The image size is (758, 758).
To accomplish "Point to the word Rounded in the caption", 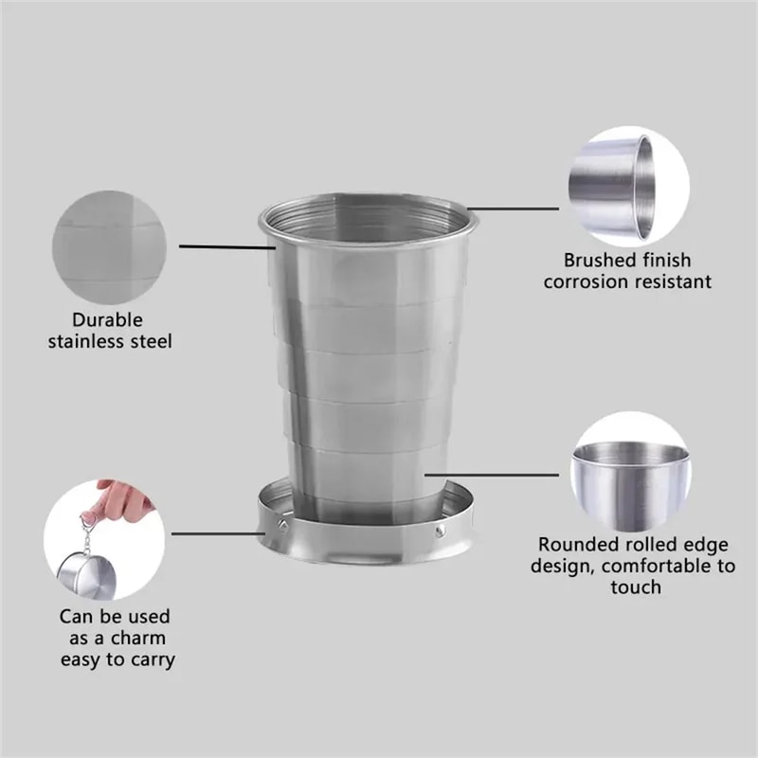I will coord(575,545).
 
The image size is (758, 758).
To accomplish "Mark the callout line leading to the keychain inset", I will coord(213,535).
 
